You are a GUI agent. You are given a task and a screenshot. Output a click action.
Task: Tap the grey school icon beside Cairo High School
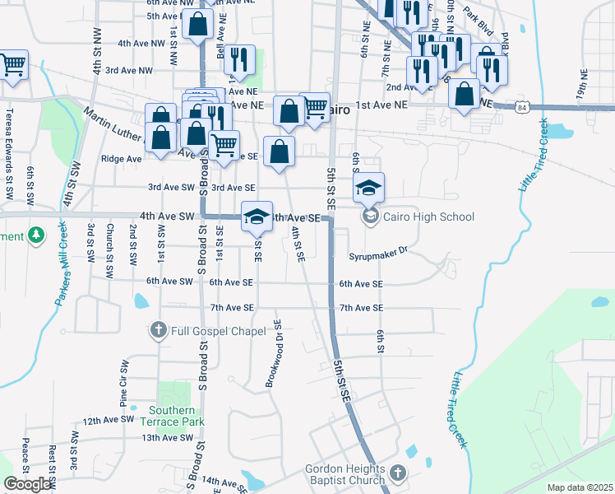(371, 217)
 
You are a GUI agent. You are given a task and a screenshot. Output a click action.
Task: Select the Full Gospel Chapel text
(219, 331)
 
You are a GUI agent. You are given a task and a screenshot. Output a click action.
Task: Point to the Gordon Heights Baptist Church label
(345, 474)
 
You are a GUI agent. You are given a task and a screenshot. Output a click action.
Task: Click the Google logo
(28, 485)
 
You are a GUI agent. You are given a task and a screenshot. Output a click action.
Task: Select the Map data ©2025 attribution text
(580, 487)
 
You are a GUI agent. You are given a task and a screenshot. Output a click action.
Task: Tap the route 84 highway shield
(522, 107)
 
